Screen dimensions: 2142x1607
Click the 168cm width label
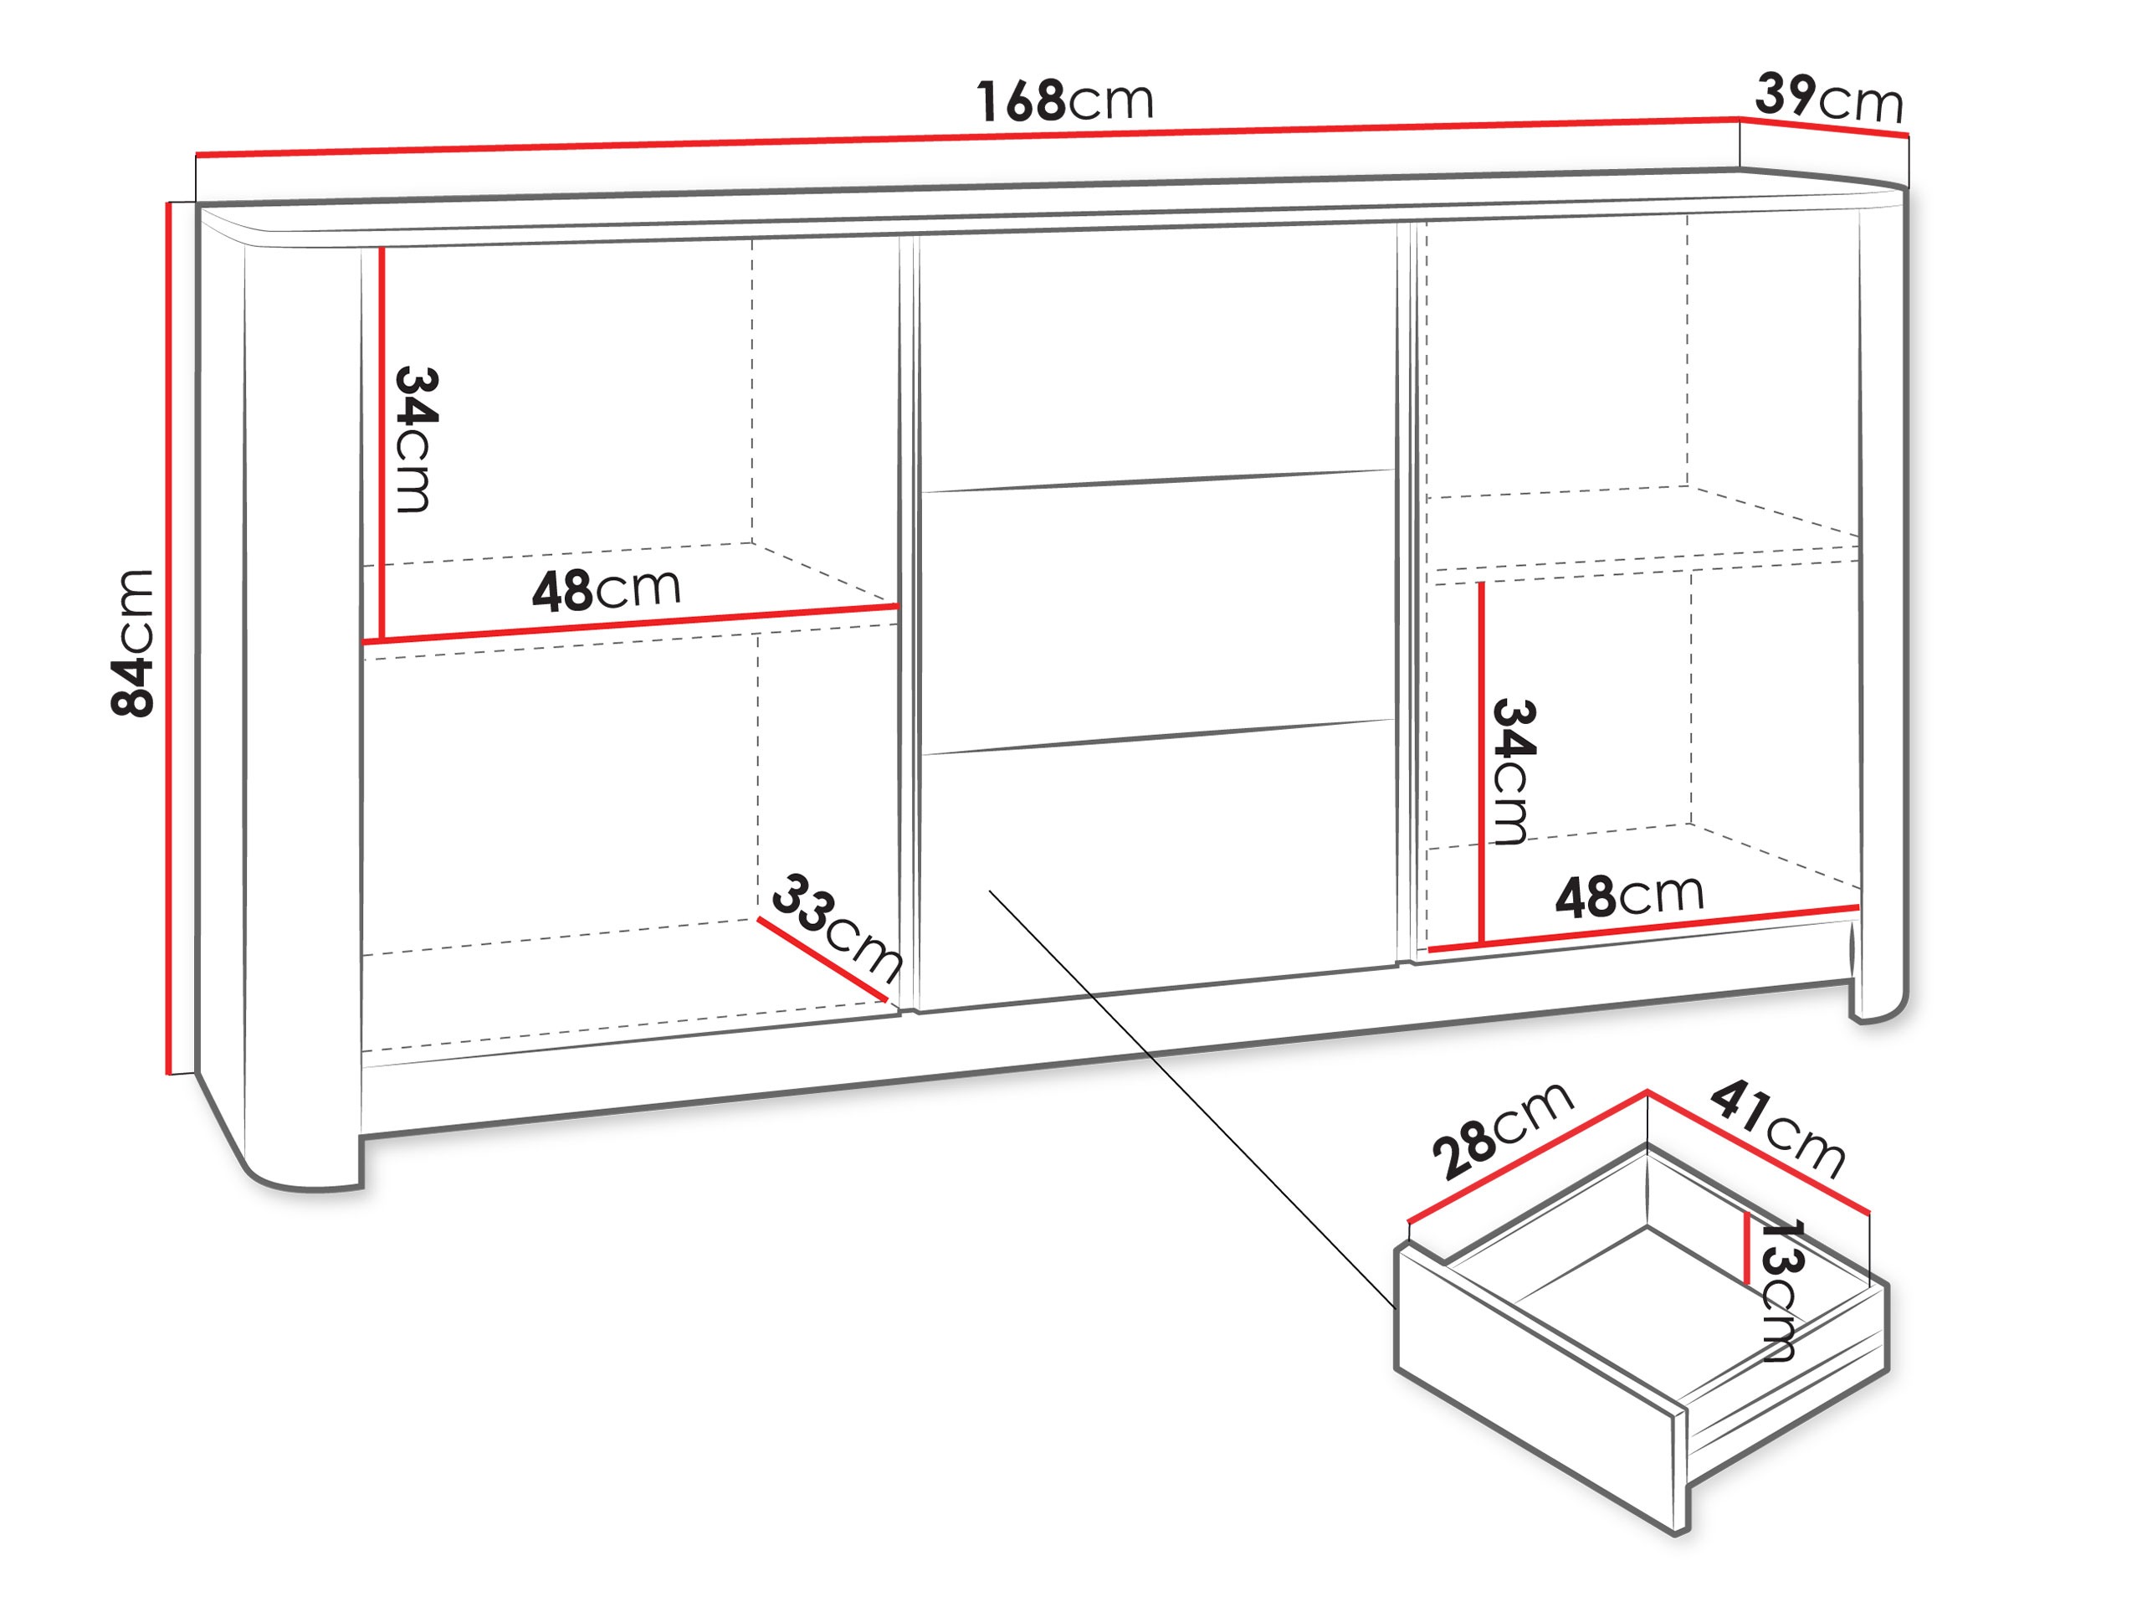pos(1064,100)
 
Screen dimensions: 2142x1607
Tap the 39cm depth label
pos(1829,97)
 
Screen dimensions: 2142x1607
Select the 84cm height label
pos(133,643)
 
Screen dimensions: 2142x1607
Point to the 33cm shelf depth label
pos(837,927)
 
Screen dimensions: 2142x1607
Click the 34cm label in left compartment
pos(417,439)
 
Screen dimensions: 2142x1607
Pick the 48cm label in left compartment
pos(606,589)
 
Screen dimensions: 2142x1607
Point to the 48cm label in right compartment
pos(1630,896)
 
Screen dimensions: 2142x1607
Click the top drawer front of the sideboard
pos(1157,358)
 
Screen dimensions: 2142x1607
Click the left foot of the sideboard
pos(302,1158)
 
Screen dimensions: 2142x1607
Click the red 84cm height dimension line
pos(170,639)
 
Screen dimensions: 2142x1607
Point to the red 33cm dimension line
pos(822,959)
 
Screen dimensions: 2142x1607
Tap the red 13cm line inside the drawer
pos(1746,1249)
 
